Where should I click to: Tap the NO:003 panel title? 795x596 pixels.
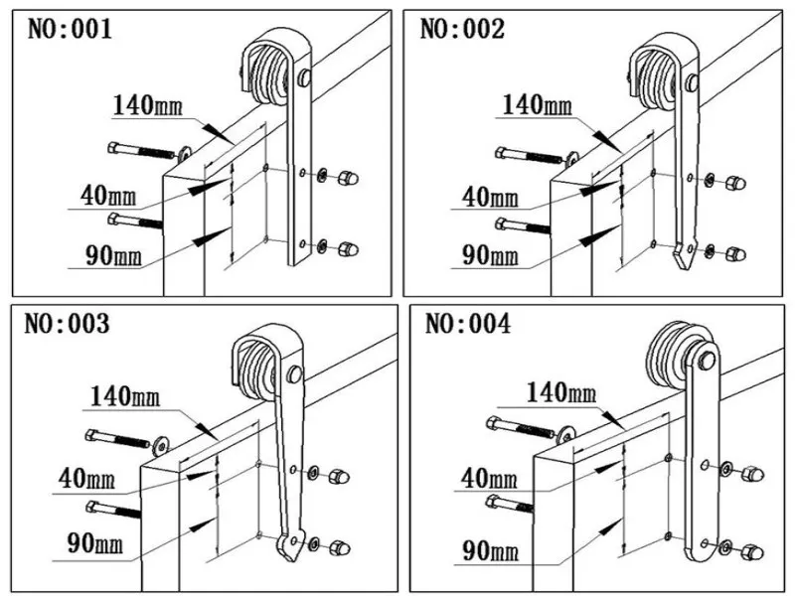point(69,324)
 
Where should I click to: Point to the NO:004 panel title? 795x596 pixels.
point(467,324)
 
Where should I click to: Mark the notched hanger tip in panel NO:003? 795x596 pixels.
point(289,543)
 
